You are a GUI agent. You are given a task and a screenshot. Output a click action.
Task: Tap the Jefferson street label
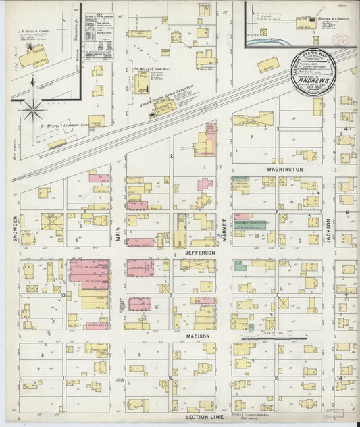[x=199, y=252]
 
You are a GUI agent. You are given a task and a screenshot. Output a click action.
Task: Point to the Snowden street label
[x=14, y=230]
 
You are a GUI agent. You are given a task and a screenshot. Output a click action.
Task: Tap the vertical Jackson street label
[x=329, y=230]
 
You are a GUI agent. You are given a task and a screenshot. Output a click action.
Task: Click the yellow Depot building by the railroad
[x=267, y=66]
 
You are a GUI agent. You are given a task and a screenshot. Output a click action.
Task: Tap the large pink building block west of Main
[x=88, y=272]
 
